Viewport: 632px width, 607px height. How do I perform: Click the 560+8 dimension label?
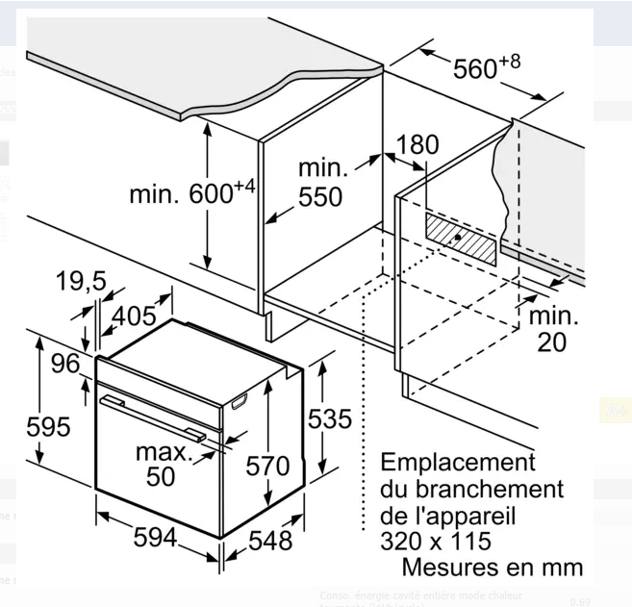tap(485, 69)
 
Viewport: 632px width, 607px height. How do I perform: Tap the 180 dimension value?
tap(416, 145)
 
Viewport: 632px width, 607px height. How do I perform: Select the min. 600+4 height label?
tap(192, 193)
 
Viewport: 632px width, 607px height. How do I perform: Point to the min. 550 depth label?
tap(319, 182)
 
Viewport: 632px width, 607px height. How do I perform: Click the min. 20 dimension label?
tap(552, 328)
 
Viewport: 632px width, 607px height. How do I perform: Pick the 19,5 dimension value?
tap(81, 282)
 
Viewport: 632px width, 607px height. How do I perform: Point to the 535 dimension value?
tap(330, 419)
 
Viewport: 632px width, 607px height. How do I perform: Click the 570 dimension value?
tap(267, 467)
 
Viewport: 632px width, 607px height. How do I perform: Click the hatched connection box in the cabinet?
tap(461, 237)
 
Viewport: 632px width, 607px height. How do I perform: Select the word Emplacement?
tap(457, 463)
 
